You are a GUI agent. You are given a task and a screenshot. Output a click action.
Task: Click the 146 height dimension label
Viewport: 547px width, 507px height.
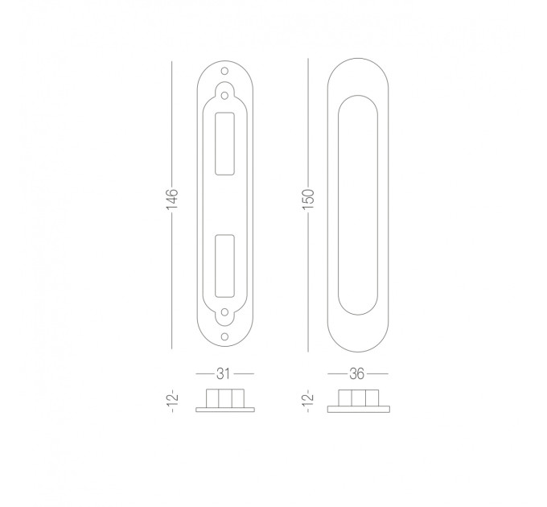coord(172,200)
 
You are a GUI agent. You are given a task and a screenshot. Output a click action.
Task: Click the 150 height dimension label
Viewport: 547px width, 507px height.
coord(308,200)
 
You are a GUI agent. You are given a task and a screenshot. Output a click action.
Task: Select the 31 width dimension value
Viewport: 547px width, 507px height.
coord(224,373)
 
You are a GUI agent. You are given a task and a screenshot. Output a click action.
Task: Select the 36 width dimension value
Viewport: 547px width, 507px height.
coord(357,373)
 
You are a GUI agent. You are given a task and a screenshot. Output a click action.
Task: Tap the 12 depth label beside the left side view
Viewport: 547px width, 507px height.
coord(173,402)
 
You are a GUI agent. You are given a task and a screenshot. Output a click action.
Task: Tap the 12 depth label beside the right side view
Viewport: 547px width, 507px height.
coord(309,402)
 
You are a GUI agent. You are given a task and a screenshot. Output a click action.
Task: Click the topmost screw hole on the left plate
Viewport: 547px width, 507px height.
coord(224,71)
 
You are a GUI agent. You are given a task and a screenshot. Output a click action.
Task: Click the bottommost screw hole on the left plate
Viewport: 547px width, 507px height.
coord(224,336)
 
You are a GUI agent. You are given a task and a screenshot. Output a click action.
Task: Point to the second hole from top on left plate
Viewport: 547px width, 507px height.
coord(224,95)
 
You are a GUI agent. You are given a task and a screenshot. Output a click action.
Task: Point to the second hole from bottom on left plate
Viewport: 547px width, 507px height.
coord(224,312)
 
